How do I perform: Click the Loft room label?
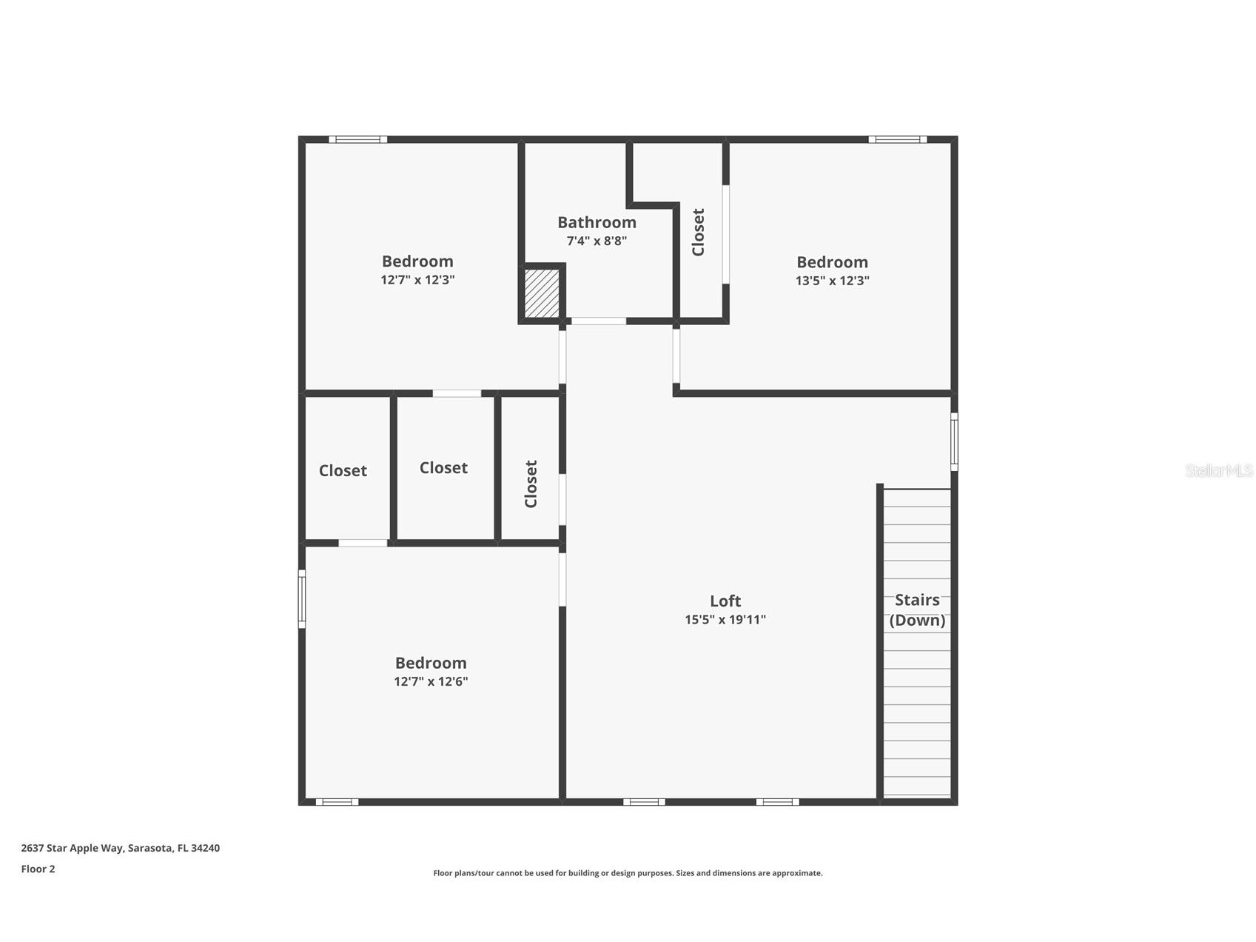(x=725, y=601)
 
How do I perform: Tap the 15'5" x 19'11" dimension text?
(x=725, y=620)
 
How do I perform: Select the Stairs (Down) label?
(x=917, y=610)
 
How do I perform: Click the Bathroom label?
(x=597, y=222)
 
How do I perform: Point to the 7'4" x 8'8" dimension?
(x=597, y=241)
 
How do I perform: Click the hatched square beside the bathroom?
(x=542, y=294)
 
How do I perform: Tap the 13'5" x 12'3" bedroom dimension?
(x=832, y=281)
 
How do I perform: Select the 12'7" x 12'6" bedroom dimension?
(x=431, y=681)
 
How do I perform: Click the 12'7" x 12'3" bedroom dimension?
(x=417, y=280)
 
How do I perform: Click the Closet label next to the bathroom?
(x=698, y=232)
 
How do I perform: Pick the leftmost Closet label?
(x=343, y=470)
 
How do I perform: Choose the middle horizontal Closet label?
(x=443, y=467)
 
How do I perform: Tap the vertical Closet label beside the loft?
(x=531, y=484)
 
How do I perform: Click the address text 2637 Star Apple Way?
(x=120, y=848)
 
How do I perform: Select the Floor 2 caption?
(x=38, y=869)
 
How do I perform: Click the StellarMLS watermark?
(x=1218, y=470)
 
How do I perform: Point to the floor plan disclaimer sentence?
(x=628, y=873)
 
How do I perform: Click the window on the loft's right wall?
(x=954, y=441)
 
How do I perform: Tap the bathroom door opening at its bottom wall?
(x=598, y=321)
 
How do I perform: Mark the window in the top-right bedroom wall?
(x=897, y=139)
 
